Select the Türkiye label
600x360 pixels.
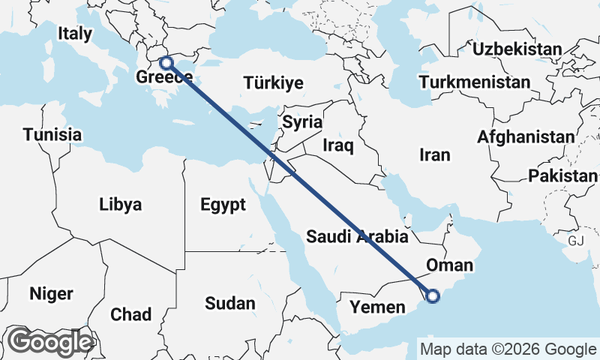pos(273,83)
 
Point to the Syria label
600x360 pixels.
pos(302,121)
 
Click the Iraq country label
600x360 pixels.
pos(337,145)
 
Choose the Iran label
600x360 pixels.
pos(435,155)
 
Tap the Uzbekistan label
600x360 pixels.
pos(517,49)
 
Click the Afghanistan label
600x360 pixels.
pos(525,137)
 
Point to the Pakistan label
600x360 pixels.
pos(562,176)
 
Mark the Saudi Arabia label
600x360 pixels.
pos(357,237)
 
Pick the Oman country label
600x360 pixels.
pos(449,265)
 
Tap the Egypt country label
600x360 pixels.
pos(223,204)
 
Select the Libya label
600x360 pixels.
pos(120,204)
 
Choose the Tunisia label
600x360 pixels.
pos(52,135)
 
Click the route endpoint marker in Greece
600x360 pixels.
pos(167,63)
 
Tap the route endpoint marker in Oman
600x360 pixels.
pos(433,297)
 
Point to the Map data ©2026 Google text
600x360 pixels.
pos(508,349)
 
